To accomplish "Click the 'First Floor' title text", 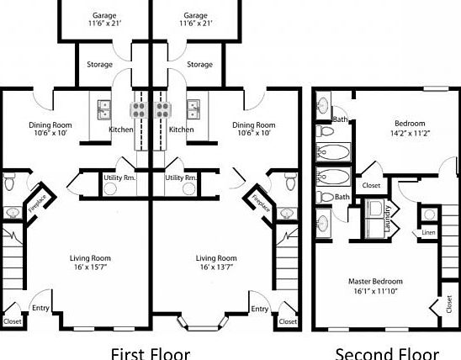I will pos(150,353).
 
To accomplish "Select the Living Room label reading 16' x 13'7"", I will pos(216,262).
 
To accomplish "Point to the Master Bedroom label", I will pos(375,285).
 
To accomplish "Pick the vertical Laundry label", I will pos(388,219).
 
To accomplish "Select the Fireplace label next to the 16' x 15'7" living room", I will pos(39,204).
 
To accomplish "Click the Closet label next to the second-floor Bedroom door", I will pos(370,185).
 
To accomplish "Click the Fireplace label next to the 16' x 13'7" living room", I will pos(254,204).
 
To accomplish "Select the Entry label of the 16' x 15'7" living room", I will pos(40,309).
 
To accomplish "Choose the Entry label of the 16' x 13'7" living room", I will pos(259,309).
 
